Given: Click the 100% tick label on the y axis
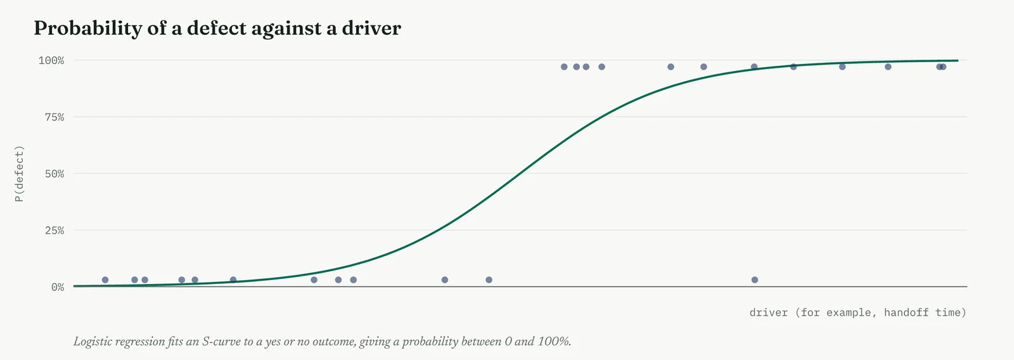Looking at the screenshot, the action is click(51, 60).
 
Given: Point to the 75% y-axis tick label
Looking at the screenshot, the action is click(55, 117).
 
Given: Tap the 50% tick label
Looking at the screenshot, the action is click(55, 174).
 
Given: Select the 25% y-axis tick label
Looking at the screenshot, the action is click(55, 231).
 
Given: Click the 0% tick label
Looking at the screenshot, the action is click(58, 287).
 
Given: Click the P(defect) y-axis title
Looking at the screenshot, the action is click(19, 174).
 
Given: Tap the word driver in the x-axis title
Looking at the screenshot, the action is click(768, 312).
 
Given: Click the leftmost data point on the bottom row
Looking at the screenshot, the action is click(105, 280).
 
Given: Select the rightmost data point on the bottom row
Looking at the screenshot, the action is click(755, 280).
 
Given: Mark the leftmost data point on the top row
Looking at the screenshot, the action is click(564, 67).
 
